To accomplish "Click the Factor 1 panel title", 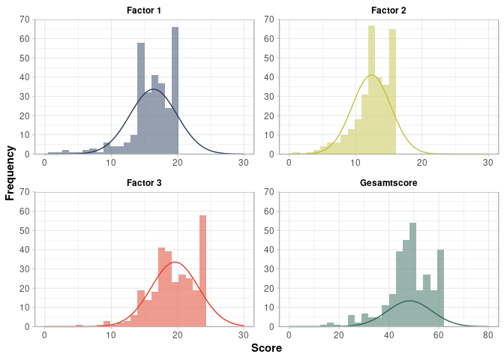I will click(145, 10).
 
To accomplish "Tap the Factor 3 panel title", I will click(145, 182).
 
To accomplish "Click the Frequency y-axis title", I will click(10, 172).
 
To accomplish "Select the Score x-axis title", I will click(266, 348).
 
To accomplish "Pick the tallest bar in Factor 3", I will click(202, 271).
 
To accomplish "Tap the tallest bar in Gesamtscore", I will click(412, 274).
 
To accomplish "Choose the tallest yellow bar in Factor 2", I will click(371, 90).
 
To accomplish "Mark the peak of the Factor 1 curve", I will click(154, 89).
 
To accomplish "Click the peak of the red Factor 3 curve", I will click(175, 262).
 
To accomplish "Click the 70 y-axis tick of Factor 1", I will click(25, 19).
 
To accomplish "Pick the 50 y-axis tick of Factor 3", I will click(25, 230).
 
